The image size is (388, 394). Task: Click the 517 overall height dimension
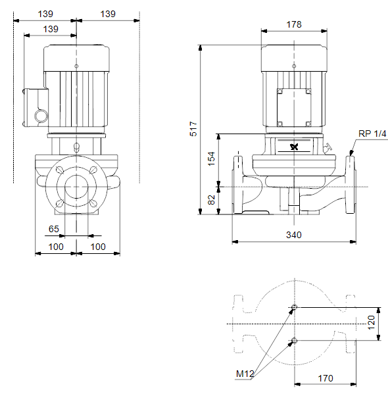tap(193, 129)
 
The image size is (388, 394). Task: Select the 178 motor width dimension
tap(294, 24)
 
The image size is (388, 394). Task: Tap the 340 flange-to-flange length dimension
tap(294, 235)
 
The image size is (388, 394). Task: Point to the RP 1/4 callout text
tap(372, 134)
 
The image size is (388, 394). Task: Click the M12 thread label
tap(245, 374)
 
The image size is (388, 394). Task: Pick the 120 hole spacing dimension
tap(371, 323)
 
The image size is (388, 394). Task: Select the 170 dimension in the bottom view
tap(326, 378)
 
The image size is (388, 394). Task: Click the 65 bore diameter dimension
tap(53, 229)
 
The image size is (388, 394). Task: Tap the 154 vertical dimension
tap(211, 159)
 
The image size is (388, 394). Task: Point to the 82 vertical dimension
tap(212, 200)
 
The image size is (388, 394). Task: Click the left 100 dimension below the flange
tap(56, 247)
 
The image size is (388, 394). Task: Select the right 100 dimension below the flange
tap(98, 247)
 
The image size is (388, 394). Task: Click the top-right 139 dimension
tap(108, 14)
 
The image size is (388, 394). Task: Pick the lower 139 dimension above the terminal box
tap(51, 29)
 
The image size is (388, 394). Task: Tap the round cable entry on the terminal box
tap(41, 116)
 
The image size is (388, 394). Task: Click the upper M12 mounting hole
tap(295, 307)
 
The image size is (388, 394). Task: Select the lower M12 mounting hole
tap(295, 341)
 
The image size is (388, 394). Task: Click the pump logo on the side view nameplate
tap(294, 147)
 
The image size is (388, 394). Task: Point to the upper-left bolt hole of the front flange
tap(60, 170)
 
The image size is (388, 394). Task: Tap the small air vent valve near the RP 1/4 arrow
tap(328, 147)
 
